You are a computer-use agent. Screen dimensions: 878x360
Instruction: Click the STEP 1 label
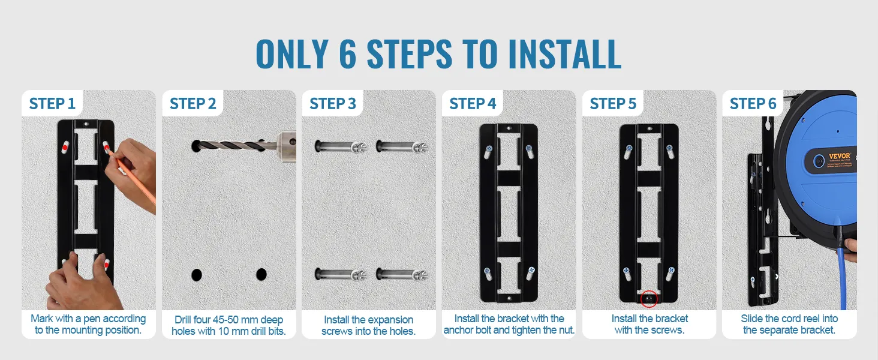[52, 104]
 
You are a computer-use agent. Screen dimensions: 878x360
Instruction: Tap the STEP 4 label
[473, 104]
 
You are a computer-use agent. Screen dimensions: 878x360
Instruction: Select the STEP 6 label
[753, 104]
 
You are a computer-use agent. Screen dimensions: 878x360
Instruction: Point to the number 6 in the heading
[348, 54]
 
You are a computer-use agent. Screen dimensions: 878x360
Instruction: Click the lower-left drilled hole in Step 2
[196, 275]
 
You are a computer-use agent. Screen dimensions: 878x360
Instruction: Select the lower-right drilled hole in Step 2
[261, 275]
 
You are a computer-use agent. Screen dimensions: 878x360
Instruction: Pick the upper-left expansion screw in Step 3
[340, 146]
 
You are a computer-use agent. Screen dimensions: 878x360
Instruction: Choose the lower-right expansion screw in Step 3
[402, 274]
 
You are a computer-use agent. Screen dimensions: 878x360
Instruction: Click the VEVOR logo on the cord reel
[839, 156]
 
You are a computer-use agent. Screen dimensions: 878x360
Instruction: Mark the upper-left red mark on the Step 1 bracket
[64, 148]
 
